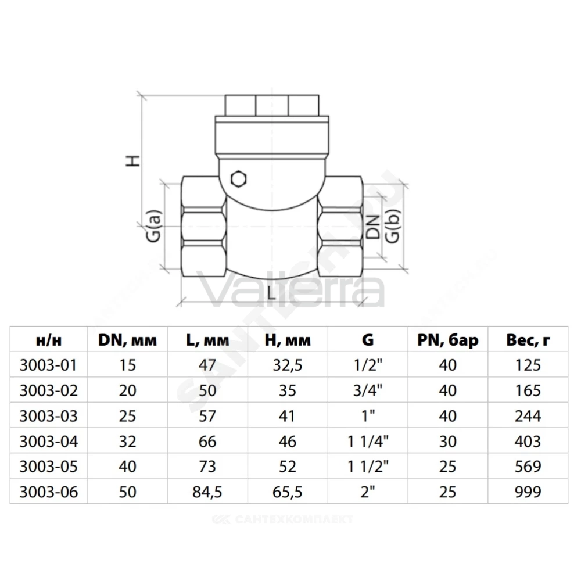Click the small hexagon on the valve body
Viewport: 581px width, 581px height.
pyautogui.click(x=239, y=179)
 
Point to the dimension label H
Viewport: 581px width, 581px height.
pyautogui.click(x=133, y=161)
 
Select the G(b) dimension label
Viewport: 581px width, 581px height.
pyautogui.click(x=393, y=227)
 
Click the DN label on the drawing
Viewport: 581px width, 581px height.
pyautogui.click(x=373, y=227)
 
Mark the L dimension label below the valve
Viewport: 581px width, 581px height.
pyautogui.click(x=271, y=293)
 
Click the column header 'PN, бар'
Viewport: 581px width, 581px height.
pyautogui.click(x=447, y=340)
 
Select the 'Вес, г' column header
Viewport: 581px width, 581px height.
pyautogui.click(x=528, y=340)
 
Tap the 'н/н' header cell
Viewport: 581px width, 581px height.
pyautogui.click(x=49, y=340)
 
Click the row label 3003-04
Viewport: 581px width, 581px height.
pyautogui.click(x=49, y=442)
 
